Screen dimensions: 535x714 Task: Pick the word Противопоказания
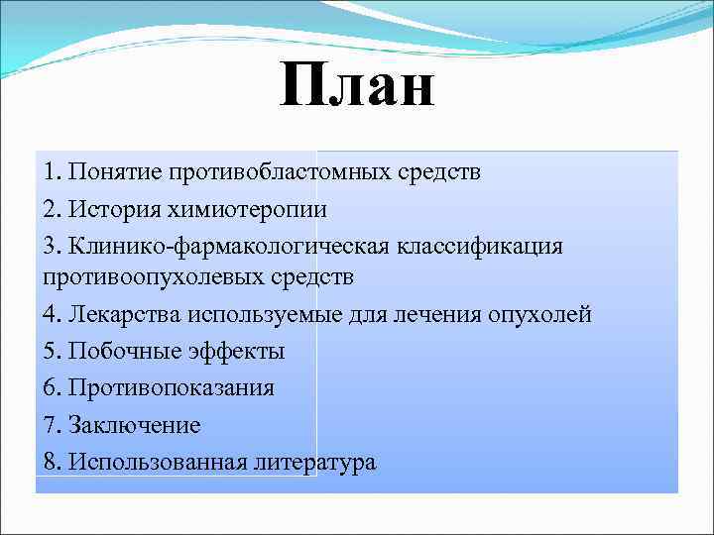pyautogui.click(x=172, y=387)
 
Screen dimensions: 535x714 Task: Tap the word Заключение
pyautogui.click(x=135, y=425)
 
